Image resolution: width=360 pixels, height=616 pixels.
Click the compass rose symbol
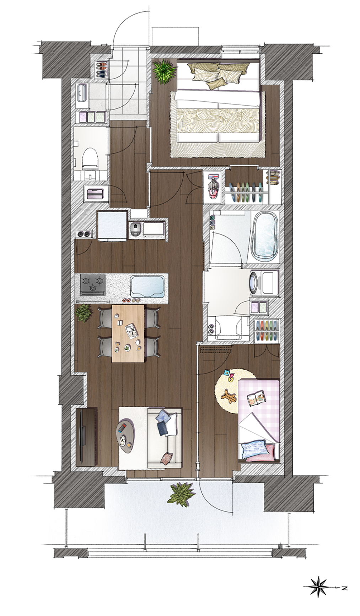click(x=318, y=586)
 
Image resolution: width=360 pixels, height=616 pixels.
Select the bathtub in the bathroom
click(x=263, y=235)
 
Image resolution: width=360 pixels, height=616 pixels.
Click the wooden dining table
click(x=128, y=333)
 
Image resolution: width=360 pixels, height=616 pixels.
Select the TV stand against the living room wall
click(x=86, y=436)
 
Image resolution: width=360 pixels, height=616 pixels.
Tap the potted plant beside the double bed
click(x=164, y=71)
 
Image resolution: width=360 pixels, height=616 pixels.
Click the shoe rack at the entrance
click(x=102, y=70)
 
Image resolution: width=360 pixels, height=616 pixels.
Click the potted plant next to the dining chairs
click(x=84, y=313)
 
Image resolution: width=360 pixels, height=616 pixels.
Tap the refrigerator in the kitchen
click(x=112, y=226)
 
